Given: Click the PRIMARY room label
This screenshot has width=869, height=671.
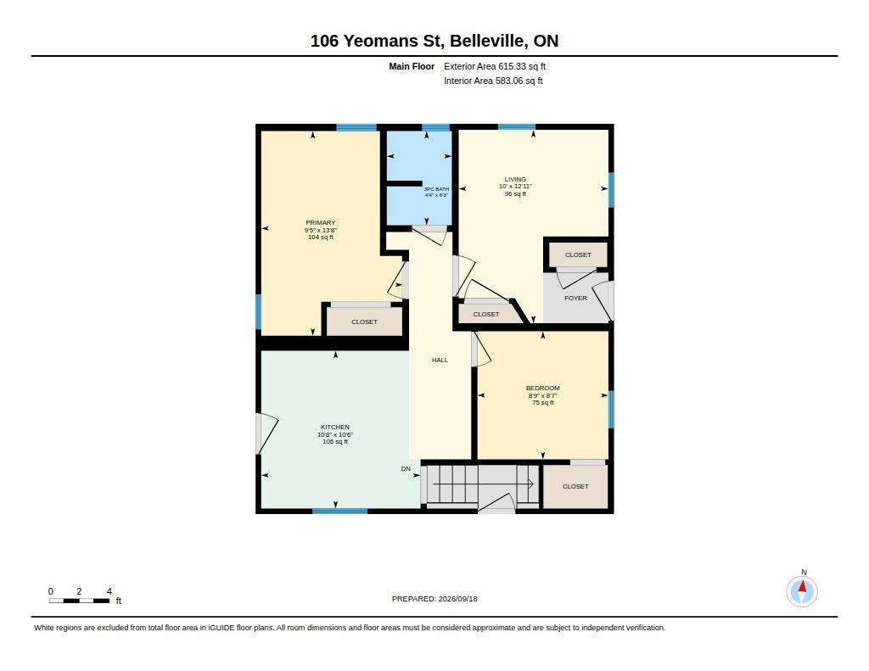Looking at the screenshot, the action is (320, 223).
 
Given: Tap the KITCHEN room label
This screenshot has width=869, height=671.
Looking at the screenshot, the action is (334, 428).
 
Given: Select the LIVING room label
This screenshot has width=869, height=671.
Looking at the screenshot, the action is (515, 180).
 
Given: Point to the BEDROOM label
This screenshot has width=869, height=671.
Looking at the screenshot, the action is (542, 389).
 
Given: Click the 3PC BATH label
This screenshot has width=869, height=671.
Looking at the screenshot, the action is (436, 189).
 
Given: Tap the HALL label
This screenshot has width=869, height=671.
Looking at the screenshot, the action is (440, 361).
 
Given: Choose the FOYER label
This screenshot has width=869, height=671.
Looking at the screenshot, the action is (575, 298).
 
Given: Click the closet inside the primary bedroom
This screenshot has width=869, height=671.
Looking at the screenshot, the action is (364, 322).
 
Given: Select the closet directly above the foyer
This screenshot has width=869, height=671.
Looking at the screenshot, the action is (578, 254).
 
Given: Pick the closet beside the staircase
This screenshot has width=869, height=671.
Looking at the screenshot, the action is (575, 486).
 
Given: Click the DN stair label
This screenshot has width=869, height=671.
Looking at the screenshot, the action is (406, 469).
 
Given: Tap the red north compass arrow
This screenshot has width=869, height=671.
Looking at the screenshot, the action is (802, 586).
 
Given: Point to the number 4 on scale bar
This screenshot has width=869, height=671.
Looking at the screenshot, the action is (109, 591).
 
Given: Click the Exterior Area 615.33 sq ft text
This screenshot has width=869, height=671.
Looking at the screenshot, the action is (495, 66).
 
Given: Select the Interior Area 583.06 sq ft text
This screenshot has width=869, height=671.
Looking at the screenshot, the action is (493, 81).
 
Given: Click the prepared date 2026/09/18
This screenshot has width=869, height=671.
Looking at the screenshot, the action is (457, 599).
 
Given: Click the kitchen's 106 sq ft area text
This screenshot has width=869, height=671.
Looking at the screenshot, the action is (334, 442).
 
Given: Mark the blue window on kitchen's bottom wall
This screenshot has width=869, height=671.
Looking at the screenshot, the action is (339, 511).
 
